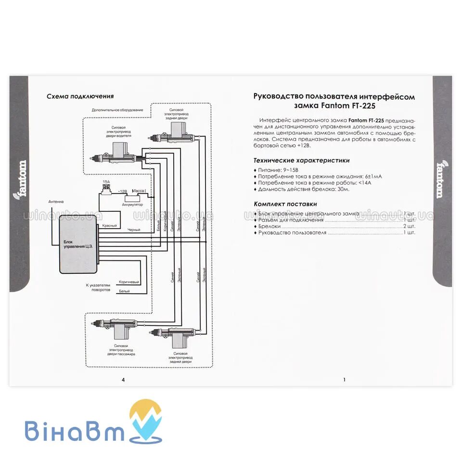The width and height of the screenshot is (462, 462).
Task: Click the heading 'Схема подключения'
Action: pos(80,96)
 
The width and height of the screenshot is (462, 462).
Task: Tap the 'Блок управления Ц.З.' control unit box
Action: pos(78,244)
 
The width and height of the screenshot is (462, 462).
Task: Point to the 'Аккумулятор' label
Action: pos(132,205)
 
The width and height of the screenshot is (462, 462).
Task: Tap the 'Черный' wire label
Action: pos(133,230)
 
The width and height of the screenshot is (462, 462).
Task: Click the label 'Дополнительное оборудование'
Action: pos(117,110)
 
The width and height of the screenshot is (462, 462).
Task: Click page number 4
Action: pos(124,380)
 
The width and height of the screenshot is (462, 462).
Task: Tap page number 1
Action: pos(344,380)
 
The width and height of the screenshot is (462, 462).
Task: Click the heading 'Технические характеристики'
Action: pos(301,161)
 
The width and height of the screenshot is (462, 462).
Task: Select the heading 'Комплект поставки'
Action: pos(285,204)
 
